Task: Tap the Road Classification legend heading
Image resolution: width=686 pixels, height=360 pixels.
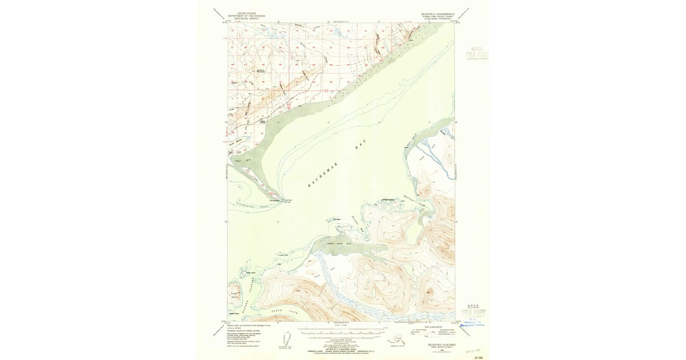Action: [x=433, y=327]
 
